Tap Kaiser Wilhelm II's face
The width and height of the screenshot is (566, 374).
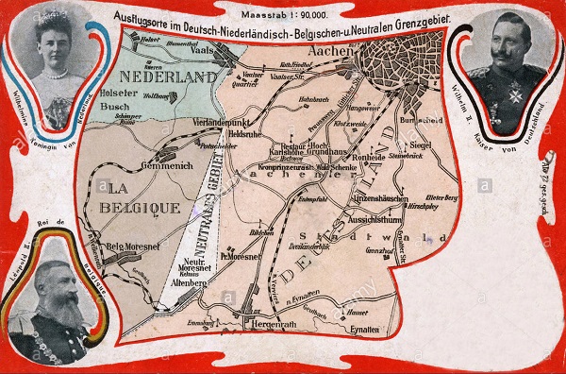click(x=506, y=50)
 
